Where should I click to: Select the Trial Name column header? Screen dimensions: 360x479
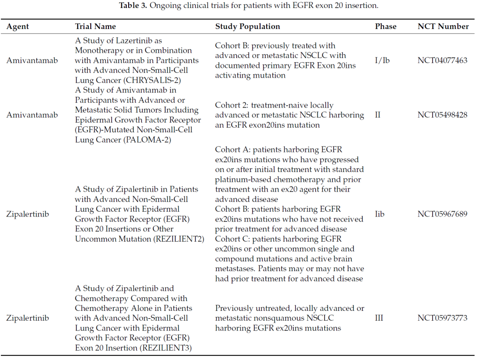95,26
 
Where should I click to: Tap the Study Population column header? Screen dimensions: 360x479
247,26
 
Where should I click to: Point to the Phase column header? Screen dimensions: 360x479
385,26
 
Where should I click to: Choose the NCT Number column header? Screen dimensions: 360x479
443,26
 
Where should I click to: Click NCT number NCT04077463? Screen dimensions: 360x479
443,60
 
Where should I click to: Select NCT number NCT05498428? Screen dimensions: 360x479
443,115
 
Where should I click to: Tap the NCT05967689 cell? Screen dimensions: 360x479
443,214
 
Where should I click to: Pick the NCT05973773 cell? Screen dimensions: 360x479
443,318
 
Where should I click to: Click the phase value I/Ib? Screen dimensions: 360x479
382,60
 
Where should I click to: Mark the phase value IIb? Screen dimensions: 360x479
380,214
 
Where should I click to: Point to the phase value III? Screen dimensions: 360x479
379,318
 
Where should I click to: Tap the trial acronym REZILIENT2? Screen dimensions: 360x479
179,238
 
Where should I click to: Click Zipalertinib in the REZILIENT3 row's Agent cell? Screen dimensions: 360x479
27,318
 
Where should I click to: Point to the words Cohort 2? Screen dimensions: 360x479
232,105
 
